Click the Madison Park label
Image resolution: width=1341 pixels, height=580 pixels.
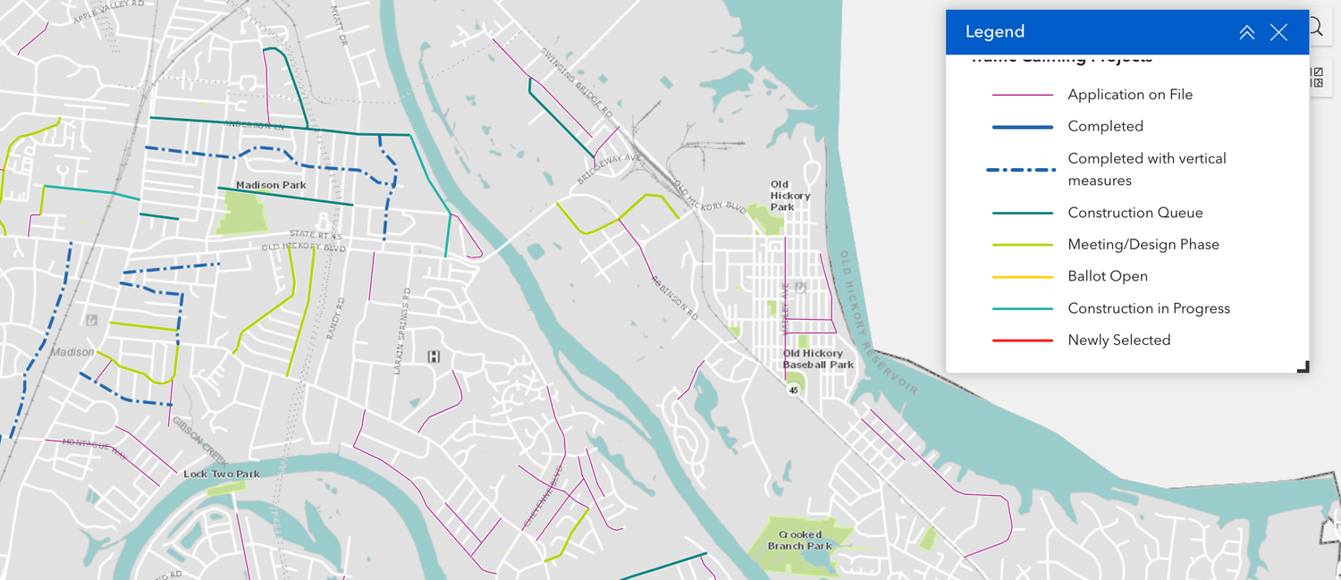(271, 185)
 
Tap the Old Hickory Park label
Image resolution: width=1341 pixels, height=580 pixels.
(789, 196)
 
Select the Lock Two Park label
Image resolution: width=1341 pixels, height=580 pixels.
(221, 474)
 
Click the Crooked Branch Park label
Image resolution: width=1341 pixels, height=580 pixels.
(799, 540)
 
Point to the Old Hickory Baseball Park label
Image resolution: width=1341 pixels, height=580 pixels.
(818, 358)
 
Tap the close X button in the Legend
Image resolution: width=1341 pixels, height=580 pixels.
(1278, 32)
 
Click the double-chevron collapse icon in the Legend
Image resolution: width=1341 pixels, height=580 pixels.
(1246, 32)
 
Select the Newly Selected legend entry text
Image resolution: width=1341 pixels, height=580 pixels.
(1118, 340)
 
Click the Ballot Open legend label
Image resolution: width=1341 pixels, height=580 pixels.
(1107, 276)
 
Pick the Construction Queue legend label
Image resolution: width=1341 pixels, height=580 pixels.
(1134, 213)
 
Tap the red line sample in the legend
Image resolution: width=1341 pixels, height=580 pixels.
(1023, 340)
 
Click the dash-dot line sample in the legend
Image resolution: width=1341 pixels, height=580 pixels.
(1023, 169)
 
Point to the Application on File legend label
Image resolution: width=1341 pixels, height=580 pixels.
(1130, 94)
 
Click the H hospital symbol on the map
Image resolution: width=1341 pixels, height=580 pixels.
(434, 357)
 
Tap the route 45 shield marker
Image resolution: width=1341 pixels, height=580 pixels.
(793, 390)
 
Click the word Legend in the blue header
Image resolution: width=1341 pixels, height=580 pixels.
(994, 32)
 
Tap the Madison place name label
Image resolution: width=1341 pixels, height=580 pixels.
(72, 352)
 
